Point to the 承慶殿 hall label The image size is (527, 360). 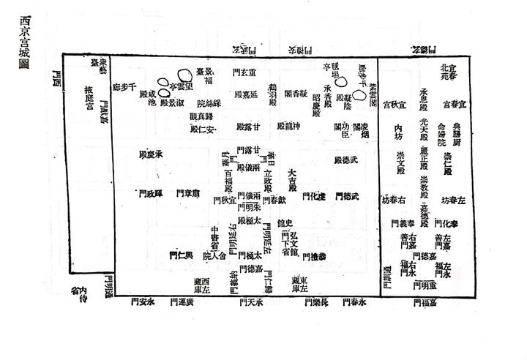(151, 155)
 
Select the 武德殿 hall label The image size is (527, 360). (347, 160)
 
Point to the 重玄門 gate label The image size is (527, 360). (242, 74)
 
